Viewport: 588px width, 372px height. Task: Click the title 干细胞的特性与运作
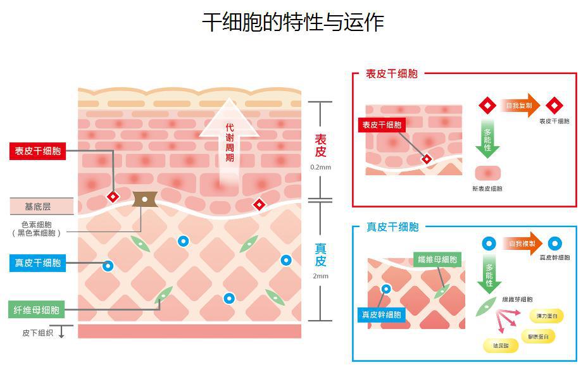293,23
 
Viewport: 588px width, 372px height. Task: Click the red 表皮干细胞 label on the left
38,151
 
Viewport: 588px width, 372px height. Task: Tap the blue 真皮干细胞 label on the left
38,263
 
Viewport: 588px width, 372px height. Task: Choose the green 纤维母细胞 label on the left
38,310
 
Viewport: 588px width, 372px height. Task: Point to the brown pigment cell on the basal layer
144,200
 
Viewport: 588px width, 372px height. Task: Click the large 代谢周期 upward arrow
229,139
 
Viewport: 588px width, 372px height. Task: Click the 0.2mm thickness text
321,168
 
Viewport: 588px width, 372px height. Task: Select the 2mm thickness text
321,276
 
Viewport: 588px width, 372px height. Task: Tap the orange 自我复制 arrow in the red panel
519,105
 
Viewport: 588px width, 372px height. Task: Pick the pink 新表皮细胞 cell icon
487,173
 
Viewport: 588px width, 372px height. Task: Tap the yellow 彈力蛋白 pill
549,316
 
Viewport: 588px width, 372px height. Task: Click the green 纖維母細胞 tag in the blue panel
437,259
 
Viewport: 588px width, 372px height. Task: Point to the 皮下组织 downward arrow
62,332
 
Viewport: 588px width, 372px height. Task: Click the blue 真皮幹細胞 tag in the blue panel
381,314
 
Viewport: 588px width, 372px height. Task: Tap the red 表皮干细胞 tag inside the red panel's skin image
382,125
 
